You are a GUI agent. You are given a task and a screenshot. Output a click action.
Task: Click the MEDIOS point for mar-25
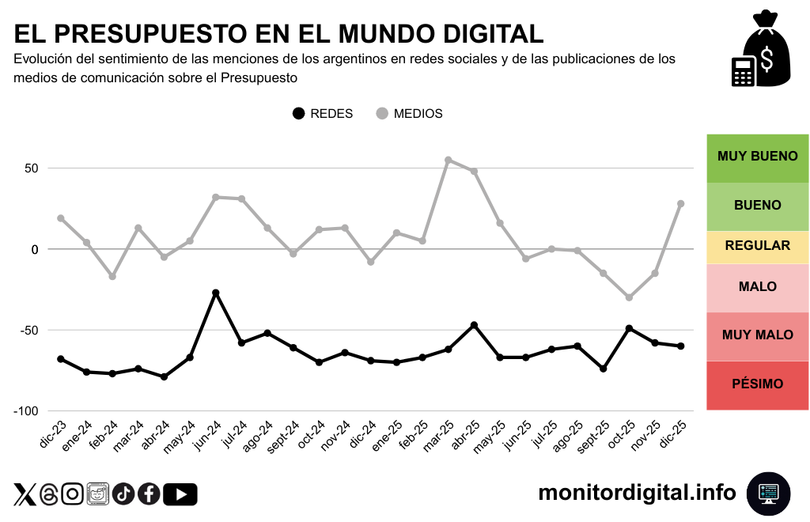tap(449, 160)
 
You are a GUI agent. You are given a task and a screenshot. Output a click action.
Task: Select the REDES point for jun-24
tap(216, 293)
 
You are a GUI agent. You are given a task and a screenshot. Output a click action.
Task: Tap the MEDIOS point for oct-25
tap(629, 297)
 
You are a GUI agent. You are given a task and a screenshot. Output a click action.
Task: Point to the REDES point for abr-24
tap(164, 376)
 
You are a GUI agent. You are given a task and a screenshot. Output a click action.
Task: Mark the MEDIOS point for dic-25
tap(681, 203)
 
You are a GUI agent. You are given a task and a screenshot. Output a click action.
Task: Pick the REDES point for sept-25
tap(604, 369)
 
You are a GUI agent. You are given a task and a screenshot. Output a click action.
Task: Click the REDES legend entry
tap(323, 113)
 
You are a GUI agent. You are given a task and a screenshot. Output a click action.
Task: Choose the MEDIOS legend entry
tap(409, 113)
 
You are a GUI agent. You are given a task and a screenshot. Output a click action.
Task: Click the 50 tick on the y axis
tap(31, 168)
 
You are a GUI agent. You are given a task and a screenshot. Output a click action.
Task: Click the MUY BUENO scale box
tap(757, 157)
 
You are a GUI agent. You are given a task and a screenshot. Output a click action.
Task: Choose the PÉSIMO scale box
tap(757, 384)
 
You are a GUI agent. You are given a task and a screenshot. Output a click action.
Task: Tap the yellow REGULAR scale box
tap(757, 246)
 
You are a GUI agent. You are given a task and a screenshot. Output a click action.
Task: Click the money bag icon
tap(760, 49)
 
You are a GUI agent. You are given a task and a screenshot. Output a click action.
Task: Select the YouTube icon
tap(180, 494)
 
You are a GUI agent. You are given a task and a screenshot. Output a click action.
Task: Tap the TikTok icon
tap(123, 494)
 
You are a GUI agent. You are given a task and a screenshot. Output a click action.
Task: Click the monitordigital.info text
tap(637, 493)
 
